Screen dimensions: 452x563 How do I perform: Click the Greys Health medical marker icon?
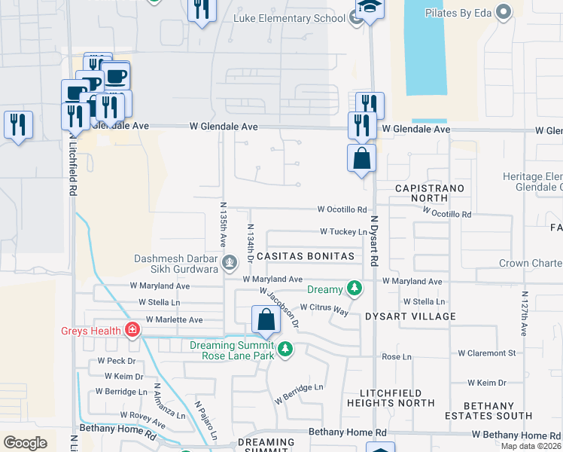pyautogui.click(x=132, y=330)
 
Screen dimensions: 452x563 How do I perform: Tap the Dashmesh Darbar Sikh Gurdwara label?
pyautogui.click(x=178, y=263)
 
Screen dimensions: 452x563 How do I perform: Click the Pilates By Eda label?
pyautogui.click(x=458, y=12)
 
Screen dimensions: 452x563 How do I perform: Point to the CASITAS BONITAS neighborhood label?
pyautogui.click(x=306, y=257)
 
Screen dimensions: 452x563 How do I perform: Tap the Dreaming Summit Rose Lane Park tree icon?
pyautogui.click(x=285, y=349)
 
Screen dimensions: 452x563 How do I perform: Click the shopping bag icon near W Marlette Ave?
pyautogui.click(x=266, y=319)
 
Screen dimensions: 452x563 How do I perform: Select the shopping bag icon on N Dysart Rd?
pyautogui.click(x=361, y=159)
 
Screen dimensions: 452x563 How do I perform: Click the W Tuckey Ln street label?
pyautogui.click(x=344, y=232)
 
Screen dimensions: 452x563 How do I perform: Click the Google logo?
pyautogui.click(x=26, y=443)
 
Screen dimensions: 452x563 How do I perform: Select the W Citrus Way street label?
pyautogui.click(x=324, y=307)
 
